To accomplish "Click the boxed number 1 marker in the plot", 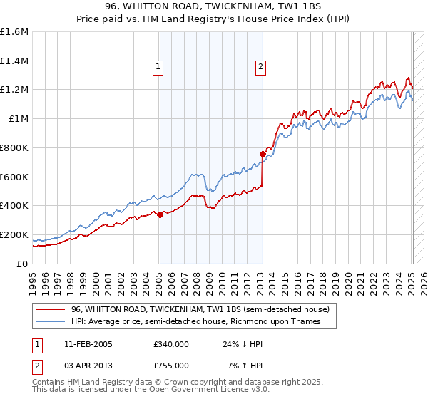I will pos(158,68).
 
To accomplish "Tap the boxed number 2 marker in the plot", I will pos(260,68).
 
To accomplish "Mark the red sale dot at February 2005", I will pos(160,214).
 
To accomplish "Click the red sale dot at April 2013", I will pos(263,154).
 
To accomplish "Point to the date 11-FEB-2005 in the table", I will pos(83,344).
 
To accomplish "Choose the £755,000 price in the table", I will pos(170,365).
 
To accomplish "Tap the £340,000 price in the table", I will pos(170,344).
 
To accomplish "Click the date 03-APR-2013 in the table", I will pos(83,365).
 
